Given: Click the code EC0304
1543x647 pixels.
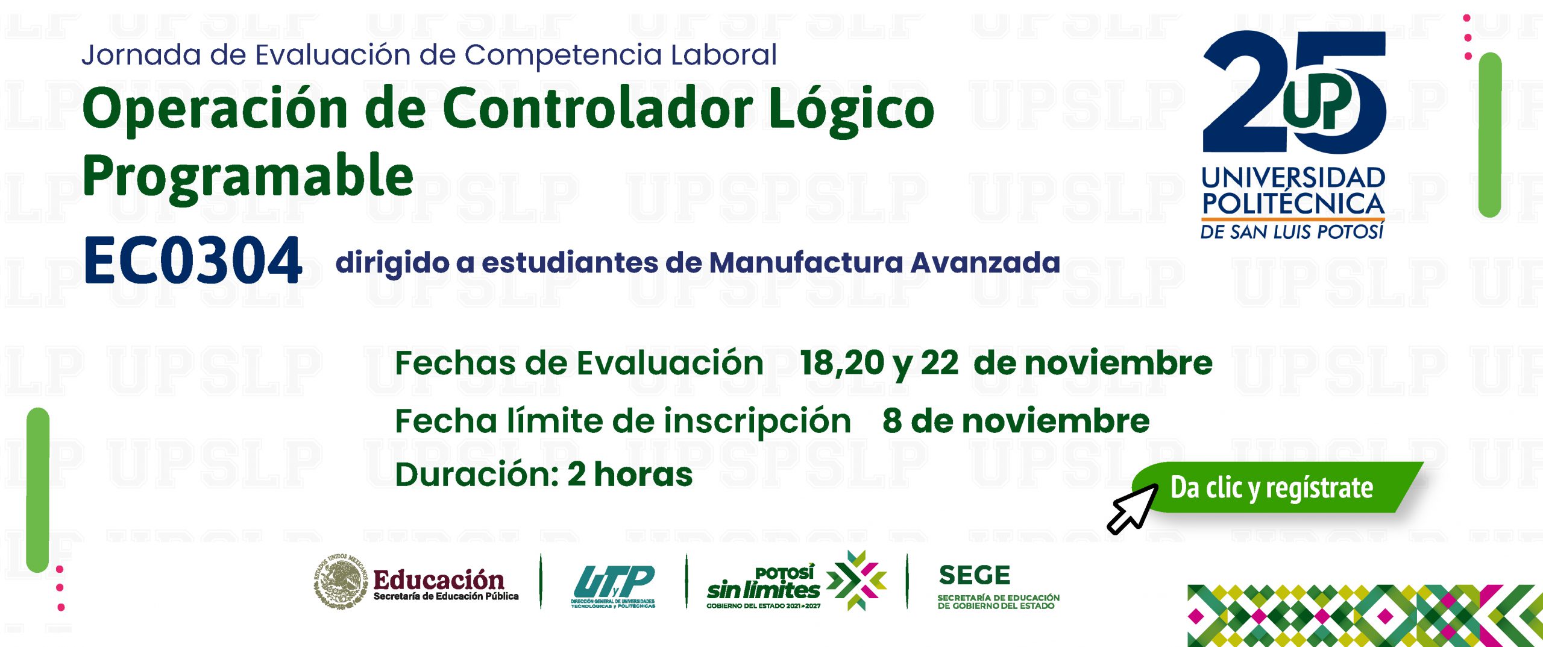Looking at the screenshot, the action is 192,260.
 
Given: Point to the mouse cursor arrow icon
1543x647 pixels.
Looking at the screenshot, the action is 1133,508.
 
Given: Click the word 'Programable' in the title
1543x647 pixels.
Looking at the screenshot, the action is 248,177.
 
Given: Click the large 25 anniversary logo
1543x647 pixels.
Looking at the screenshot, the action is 1294,92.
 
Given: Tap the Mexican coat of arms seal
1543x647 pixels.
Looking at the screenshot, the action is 341,581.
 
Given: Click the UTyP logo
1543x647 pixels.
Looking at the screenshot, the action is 614,585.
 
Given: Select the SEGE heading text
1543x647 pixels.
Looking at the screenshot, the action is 974,575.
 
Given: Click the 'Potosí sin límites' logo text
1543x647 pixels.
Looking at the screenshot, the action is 764,586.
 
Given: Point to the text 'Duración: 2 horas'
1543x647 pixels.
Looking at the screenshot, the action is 544,475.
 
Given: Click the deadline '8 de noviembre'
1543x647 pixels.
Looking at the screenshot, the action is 1016,421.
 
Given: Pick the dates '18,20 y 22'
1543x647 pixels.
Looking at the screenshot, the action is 879,364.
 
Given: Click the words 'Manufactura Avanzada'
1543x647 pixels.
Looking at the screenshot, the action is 884,262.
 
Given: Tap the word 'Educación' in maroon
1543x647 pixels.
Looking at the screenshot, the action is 439,579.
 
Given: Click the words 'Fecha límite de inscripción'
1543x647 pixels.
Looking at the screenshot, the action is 623,421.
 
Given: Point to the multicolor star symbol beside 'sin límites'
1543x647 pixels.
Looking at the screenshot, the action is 856,580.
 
